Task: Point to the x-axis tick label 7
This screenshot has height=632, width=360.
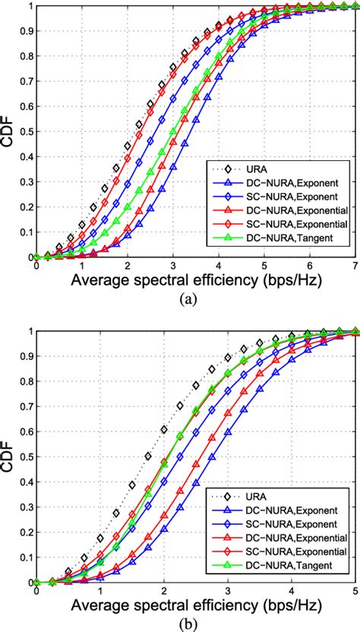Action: pyautogui.click(x=355, y=245)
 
